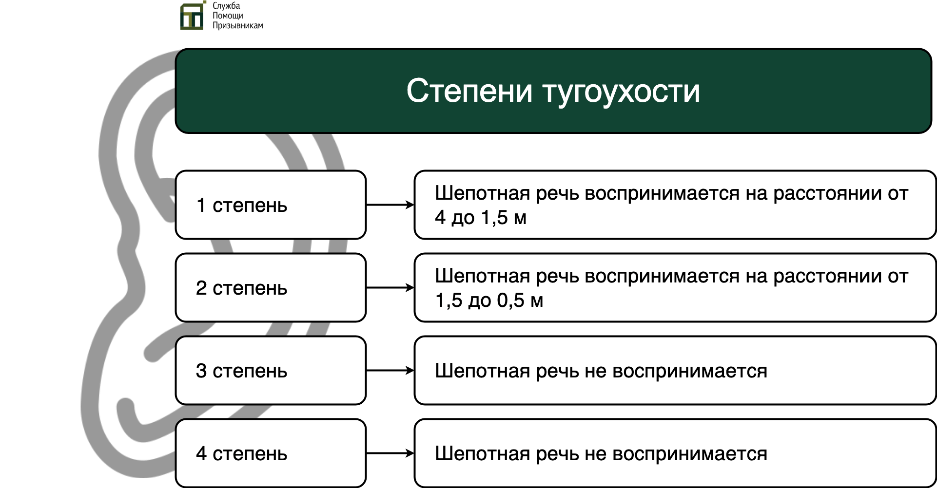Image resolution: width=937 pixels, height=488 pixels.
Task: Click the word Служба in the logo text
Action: click(226, 6)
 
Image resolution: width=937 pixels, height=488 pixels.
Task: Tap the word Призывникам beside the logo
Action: click(237, 26)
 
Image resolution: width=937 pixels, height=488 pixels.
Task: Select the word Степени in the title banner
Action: click(469, 91)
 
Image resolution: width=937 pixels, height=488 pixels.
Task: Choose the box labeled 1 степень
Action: click(271, 205)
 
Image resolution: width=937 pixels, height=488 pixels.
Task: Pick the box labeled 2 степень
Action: click(271, 287)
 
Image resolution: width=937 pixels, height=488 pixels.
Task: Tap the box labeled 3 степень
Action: click(271, 370)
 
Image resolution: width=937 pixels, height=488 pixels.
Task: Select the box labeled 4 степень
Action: click(271, 453)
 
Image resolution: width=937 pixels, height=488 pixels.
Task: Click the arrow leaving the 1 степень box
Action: click(390, 205)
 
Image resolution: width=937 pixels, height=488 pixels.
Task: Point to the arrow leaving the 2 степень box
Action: click(390, 288)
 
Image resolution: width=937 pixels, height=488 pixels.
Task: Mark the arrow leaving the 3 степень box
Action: click(390, 371)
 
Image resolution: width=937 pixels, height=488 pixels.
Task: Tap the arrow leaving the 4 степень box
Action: click(390, 453)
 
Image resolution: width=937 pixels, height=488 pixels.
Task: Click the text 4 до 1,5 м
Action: click(481, 218)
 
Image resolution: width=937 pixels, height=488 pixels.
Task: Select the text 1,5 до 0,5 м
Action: click(489, 300)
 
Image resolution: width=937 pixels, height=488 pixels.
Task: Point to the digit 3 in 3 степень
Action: click(201, 371)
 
